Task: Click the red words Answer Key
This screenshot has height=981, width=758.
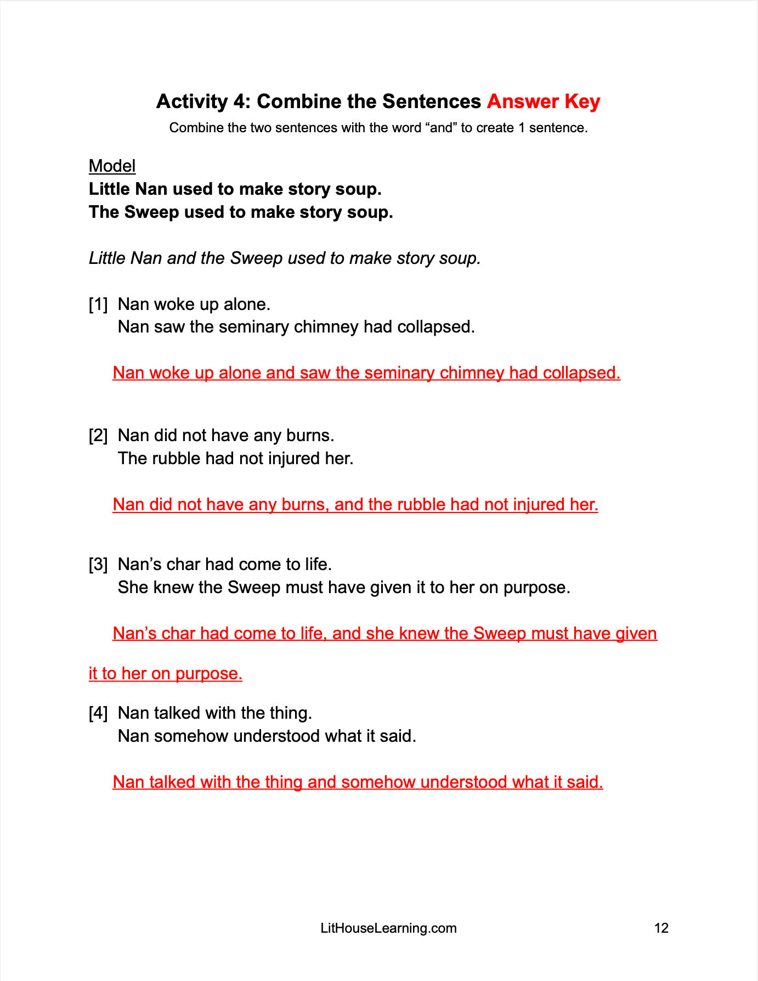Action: [543, 102]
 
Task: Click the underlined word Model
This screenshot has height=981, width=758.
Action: [112, 166]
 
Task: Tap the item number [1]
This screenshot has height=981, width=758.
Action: [98, 304]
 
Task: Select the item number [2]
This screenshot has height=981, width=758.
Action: [98, 436]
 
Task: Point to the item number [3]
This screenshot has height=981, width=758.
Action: [98, 565]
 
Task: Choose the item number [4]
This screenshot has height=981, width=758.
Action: [98, 713]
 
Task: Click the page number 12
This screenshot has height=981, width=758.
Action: [661, 928]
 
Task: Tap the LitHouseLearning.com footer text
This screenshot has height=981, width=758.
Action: [388, 928]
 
